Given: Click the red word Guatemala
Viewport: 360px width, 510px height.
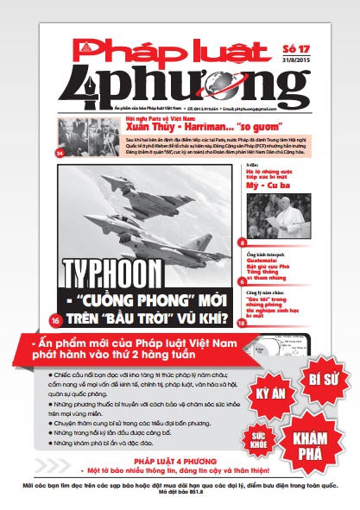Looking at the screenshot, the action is tap(263, 262).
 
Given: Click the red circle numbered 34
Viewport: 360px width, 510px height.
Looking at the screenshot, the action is tap(60, 154).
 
